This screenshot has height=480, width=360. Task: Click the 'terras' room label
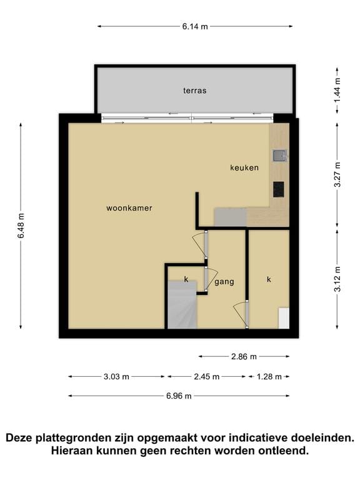click(x=195, y=91)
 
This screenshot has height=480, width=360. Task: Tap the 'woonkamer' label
click(x=129, y=208)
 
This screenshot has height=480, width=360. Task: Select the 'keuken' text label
click(x=244, y=167)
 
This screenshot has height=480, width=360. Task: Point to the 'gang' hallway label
click(x=224, y=282)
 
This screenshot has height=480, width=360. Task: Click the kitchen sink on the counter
click(x=279, y=156)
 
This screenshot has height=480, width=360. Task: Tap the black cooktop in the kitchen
click(x=279, y=189)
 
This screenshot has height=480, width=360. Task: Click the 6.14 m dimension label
click(x=195, y=27)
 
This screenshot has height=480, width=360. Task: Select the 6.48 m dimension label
click(x=21, y=226)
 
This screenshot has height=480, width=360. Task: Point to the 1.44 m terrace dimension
click(x=337, y=91)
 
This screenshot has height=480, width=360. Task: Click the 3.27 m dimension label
click(x=337, y=174)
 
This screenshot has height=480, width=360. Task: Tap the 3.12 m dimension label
click(x=337, y=279)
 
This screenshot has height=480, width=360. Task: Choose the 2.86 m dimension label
click(x=244, y=357)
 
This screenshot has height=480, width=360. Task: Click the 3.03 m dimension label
click(x=116, y=377)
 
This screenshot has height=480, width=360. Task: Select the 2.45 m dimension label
click(x=207, y=377)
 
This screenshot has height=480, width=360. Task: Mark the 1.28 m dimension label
click(x=269, y=377)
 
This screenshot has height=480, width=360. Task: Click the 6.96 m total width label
click(x=179, y=396)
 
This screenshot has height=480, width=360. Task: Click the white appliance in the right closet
click(x=284, y=318)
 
